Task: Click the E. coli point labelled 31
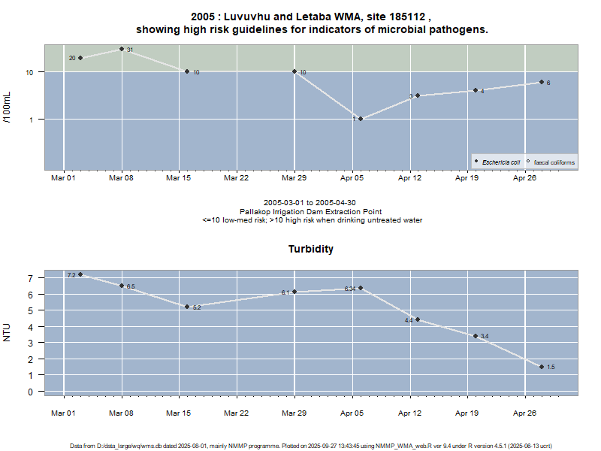point(122,49)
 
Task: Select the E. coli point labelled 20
point(80,58)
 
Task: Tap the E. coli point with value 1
point(361,119)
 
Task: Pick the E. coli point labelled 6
point(541,82)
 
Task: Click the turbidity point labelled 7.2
point(80,274)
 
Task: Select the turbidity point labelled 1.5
point(541,367)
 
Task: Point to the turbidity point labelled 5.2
point(187,307)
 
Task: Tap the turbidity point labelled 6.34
point(361,288)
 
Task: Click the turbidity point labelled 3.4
point(475,336)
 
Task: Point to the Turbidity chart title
point(311,249)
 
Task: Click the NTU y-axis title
point(8,331)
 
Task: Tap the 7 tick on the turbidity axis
point(32,278)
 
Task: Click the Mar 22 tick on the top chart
point(237,178)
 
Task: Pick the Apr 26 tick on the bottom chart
point(524,413)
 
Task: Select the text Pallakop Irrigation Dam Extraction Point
point(312,211)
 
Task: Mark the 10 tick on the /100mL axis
point(31,72)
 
